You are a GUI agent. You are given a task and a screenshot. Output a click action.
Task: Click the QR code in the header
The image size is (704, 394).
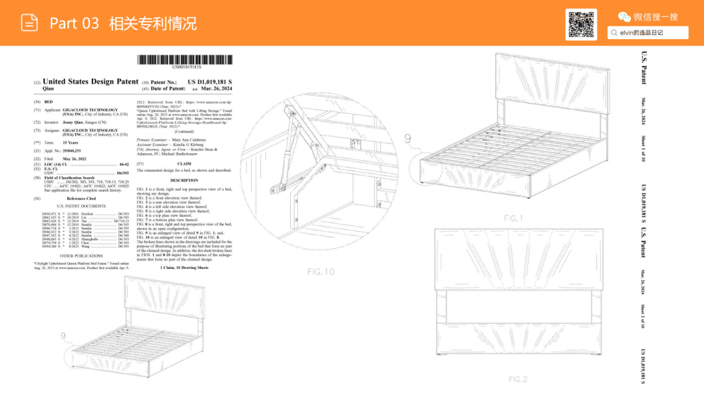pos(582,25)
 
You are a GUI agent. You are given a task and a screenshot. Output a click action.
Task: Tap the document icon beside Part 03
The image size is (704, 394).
pos(29,23)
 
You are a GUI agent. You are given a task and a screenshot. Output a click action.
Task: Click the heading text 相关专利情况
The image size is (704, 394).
pos(153,24)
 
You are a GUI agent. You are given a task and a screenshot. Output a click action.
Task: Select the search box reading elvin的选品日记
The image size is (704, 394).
pos(648,33)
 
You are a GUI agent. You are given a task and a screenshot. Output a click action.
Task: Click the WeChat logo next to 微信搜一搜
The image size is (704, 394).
pos(624,17)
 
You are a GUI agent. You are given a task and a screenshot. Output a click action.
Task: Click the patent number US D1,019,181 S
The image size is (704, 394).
pos(210,81)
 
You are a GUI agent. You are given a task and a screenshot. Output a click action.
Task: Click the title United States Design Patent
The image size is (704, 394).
pos(91,81)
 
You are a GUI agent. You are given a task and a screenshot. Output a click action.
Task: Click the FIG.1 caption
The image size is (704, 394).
pos(513,218)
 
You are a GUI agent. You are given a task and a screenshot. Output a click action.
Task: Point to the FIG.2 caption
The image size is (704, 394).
pos(518,379)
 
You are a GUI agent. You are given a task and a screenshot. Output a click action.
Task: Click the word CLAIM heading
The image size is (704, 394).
pos(184,163)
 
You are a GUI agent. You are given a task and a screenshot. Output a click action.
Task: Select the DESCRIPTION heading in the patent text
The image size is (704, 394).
pos(184,180)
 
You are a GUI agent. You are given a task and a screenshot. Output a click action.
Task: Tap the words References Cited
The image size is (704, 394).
pos(81,198)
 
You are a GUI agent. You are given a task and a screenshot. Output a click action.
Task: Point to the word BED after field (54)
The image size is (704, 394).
pos(47,102)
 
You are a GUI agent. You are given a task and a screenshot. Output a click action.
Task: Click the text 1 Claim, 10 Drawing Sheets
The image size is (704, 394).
pos(184,268)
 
